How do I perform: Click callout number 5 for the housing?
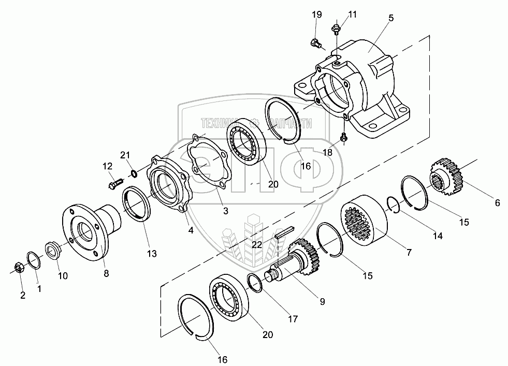tap(390, 18)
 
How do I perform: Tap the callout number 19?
tap(316, 14)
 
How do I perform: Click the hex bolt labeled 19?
tap(316, 43)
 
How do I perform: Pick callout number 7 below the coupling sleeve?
tap(409, 253)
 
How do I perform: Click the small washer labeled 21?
tap(134, 172)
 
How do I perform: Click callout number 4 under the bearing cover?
tap(191, 230)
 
